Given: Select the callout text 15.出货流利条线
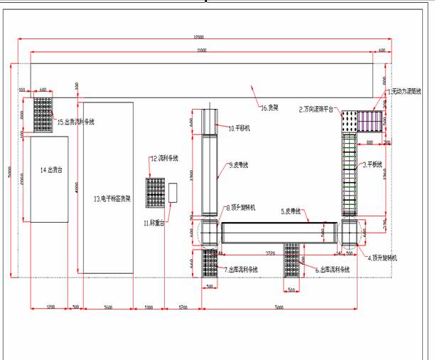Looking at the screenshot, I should (x=76, y=122).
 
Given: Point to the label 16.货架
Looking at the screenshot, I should (x=269, y=107).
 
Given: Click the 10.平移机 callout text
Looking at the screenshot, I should (x=241, y=128).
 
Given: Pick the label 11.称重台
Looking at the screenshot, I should (x=154, y=223).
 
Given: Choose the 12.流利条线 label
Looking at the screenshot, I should (x=165, y=158).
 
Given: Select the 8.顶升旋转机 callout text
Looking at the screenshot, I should (x=243, y=208).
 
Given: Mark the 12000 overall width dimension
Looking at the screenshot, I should (x=199, y=36).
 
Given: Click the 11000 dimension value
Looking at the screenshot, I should (x=202, y=51).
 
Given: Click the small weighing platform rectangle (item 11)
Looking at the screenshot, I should (x=173, y=193).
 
